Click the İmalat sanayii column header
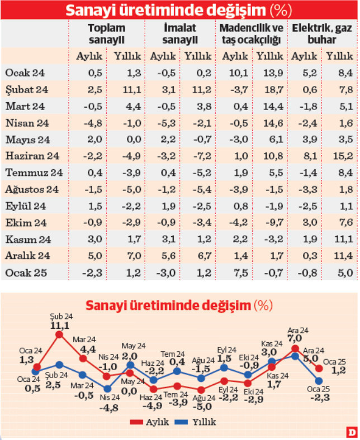coord(179,34)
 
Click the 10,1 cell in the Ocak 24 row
coord(234,72)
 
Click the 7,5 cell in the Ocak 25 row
coord(234,273)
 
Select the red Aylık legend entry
coord(148,422)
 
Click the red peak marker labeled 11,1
coord(59,335)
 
